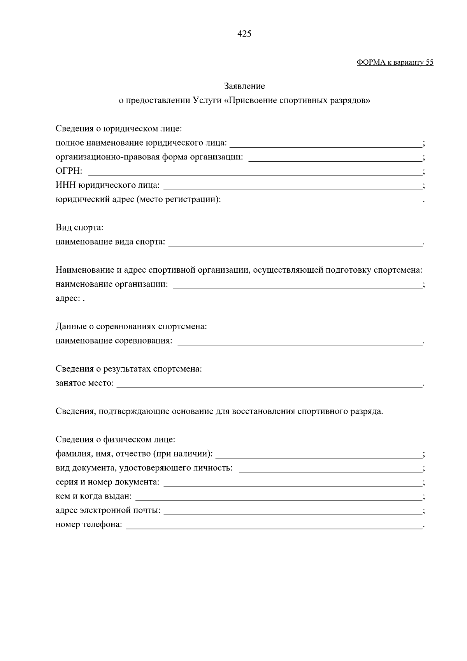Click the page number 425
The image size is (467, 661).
(x=244, y=34)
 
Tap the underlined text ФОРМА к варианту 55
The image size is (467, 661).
(x=395, y=63)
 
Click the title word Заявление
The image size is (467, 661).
(x=244, y=86)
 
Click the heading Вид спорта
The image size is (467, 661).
(x=79, y=227)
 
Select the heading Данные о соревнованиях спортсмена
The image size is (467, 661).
(x=131, y=326)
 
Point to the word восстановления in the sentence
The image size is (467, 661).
(x=263, y=411)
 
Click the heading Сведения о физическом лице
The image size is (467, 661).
(x=115, y=440)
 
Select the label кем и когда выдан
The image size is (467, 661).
(x=93, y=497)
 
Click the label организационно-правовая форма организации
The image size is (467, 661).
(x=149, y=157)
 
